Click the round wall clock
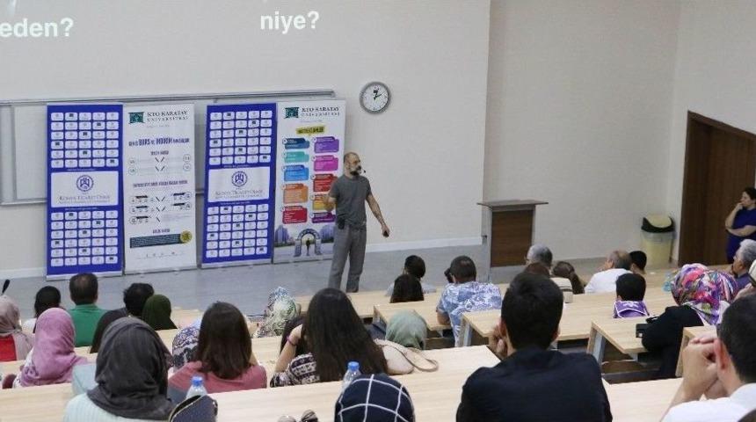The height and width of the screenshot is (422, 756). point(374,97)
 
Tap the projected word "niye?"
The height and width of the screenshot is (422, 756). point(289,20)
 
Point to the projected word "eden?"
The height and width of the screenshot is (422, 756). point(36,27)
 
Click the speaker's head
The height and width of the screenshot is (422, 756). point(353,163)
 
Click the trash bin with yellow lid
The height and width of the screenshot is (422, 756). point(657,240)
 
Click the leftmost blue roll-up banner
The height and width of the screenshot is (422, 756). point(84,189)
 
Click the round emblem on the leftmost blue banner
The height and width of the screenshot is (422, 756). point(84,183)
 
